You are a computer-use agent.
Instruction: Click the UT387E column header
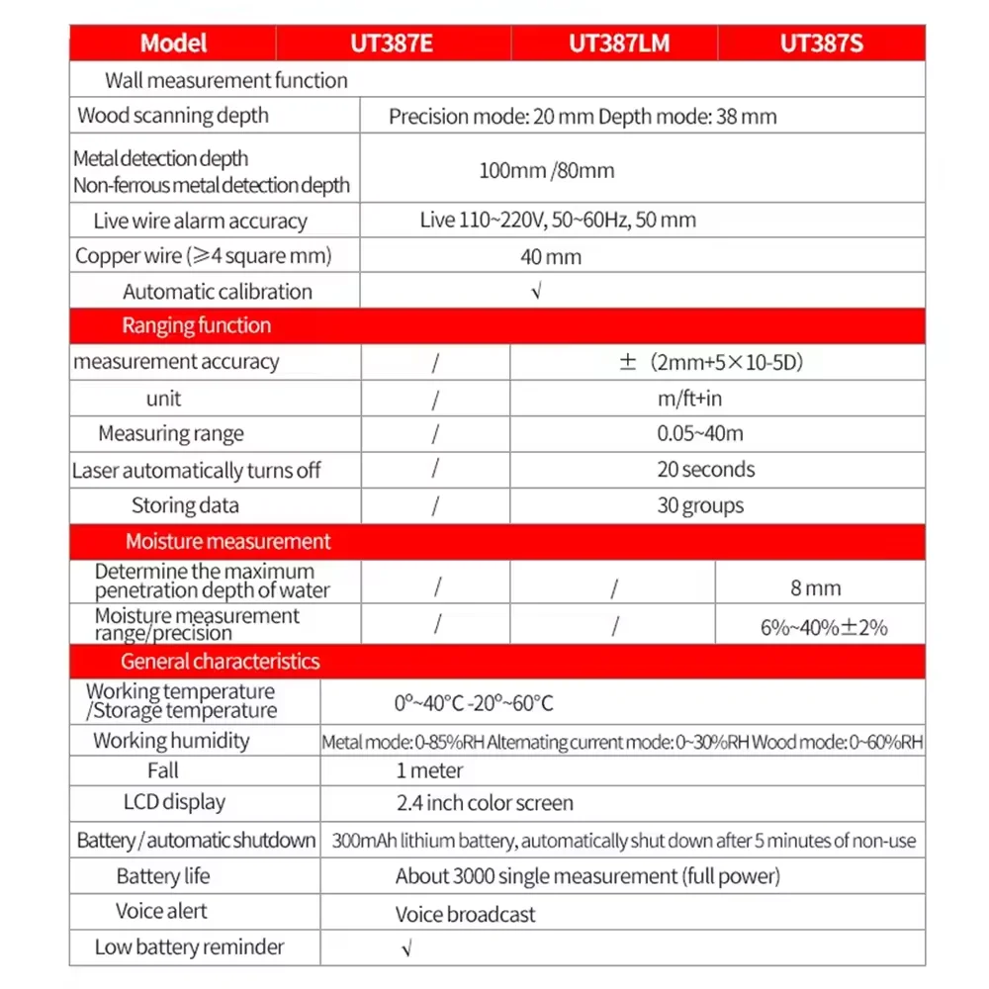click(393, 44)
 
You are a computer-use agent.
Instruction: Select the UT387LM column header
click(613, 44)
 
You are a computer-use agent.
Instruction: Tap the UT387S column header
click(821, 44)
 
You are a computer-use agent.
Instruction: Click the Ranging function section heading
click(196, 325)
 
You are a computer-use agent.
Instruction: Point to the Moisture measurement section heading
click(227, 541)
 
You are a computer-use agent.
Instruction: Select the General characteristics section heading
click(220, 661)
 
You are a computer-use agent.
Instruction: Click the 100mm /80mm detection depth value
click(546, 170)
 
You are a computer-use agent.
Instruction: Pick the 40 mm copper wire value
click(551, 257)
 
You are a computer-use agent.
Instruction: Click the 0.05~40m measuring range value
click(699, 433)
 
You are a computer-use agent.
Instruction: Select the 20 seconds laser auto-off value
click(705, 469)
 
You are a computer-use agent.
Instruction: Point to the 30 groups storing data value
click(700, 505)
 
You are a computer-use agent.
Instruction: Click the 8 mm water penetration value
click(815, 588)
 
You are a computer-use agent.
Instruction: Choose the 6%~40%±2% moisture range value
click(824, 626)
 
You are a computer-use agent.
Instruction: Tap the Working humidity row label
click(171, 741)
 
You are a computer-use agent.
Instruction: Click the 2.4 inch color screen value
click(485, 803)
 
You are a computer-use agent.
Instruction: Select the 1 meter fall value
click(429, 770)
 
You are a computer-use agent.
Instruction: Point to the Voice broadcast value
click(465, 914)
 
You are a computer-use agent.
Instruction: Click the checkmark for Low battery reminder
click(406, 947)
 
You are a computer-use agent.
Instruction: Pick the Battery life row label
click(163, 876)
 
